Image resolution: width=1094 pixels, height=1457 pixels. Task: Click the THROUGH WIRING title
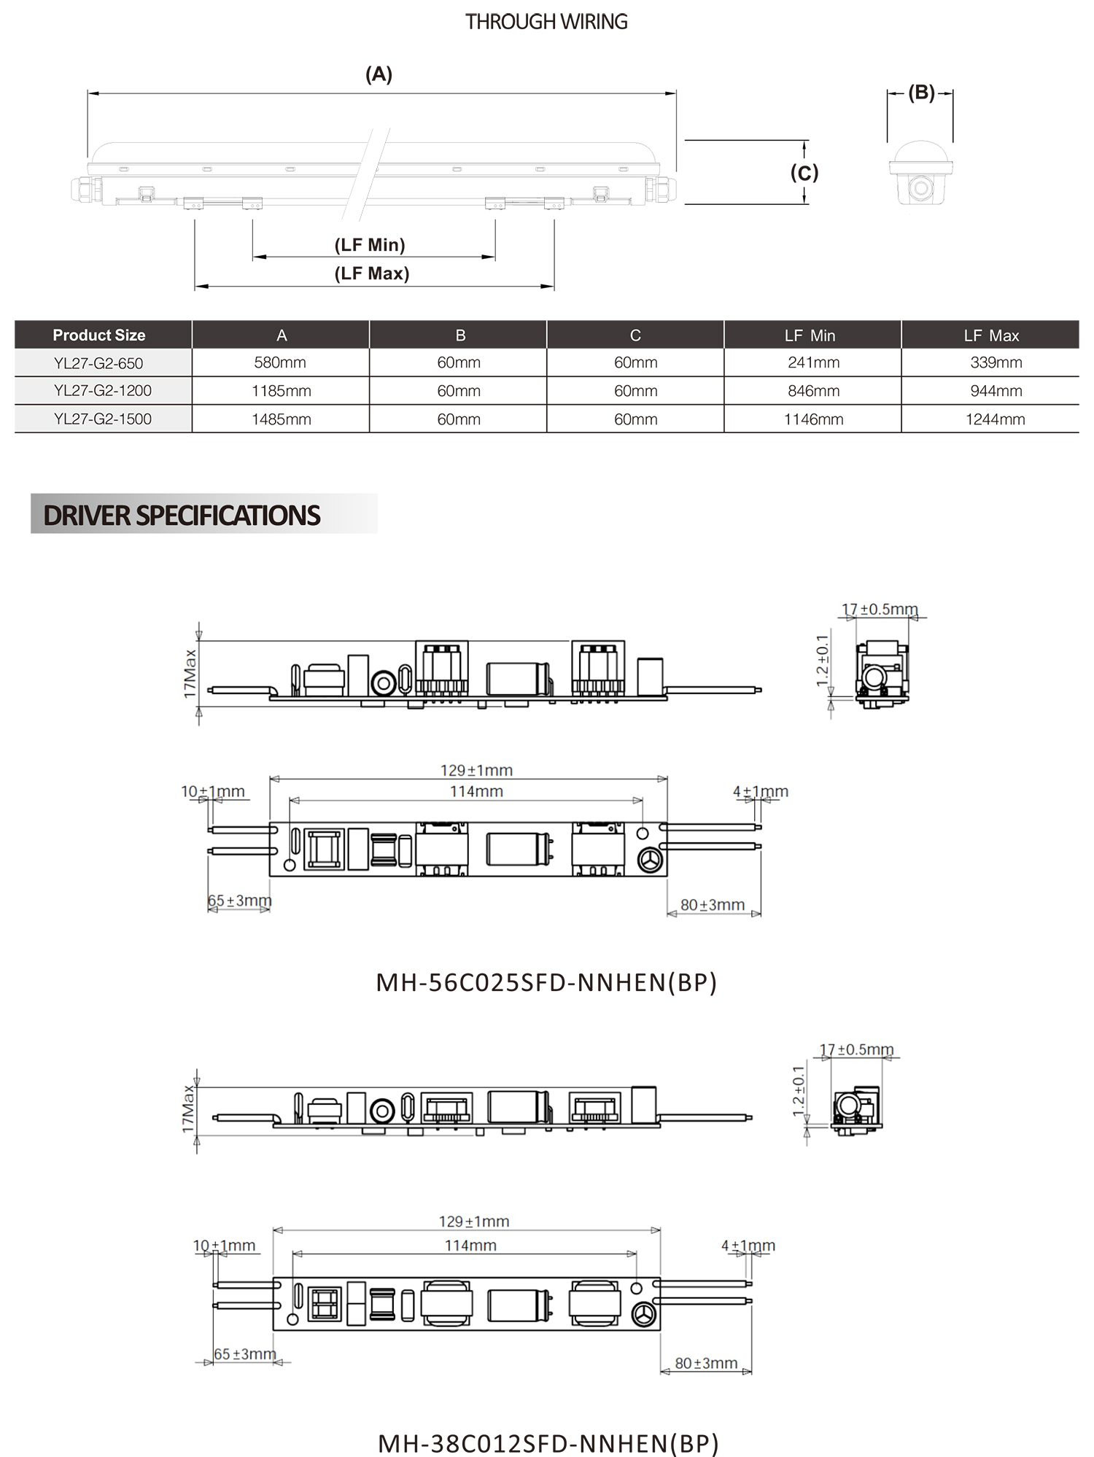coord(546,22)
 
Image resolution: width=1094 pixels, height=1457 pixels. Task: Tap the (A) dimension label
coord(379,74)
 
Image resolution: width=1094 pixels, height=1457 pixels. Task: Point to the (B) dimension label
coord(921,93)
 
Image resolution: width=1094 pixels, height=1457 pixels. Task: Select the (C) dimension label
coord(804,173)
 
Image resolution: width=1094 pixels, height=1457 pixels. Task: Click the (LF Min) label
coord(370,245)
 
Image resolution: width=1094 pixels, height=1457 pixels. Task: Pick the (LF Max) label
coord(372,273)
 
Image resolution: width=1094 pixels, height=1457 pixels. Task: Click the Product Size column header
coord(99,335)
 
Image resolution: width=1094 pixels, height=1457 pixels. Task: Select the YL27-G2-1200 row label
coord(103,391)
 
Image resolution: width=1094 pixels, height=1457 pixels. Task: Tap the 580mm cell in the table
coord(280,362)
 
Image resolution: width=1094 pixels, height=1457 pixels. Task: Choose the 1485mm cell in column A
coord(282,419)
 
